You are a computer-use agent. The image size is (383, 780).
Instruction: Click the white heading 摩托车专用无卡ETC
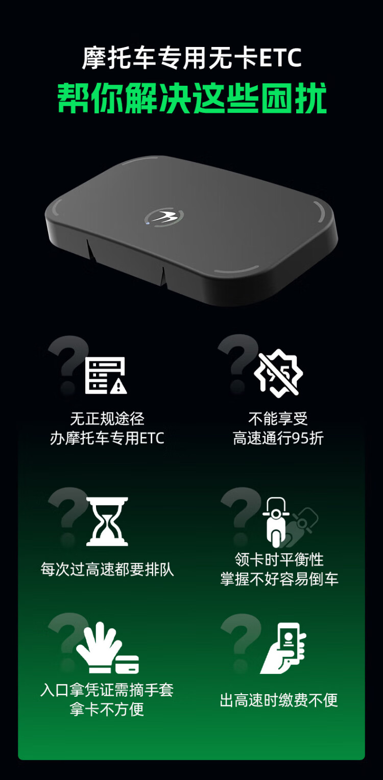192,58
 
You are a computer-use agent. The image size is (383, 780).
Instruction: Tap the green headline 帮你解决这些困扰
192,98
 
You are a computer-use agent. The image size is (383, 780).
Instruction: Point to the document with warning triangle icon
106,375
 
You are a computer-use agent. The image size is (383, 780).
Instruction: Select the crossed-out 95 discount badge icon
278,373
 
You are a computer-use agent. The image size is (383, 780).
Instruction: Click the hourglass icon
107,521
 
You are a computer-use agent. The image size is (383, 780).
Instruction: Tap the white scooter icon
276,522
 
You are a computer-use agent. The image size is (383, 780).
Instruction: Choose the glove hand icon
98,648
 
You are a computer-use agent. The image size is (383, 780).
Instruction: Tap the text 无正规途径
107,419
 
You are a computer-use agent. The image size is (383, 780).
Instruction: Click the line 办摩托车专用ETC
107,438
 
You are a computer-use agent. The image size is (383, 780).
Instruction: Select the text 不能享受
278,419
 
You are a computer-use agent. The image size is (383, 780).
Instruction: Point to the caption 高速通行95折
278,438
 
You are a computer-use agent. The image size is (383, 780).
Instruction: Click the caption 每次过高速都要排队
107,570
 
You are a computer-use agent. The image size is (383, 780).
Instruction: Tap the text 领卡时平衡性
279,559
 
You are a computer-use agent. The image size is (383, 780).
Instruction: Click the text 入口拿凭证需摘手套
107,690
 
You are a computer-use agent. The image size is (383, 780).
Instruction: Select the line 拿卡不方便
107,710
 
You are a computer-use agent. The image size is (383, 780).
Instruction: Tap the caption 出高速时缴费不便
279,700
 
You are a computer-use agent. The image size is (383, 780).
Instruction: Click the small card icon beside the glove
127,664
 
